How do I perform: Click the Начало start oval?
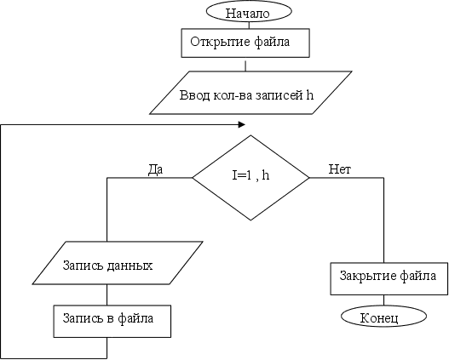pyautogui.click(x=249, y=11)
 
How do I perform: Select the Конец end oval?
pyautogui.click(x=383, y=317)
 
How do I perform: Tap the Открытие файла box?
pyautogui.click(x=245, y=43)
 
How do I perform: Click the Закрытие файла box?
pyautogui.click(x=389, y=279)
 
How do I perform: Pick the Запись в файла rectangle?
pyautogui.click(x=112, y=321)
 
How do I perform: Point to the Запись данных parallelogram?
pyautogui.click(x=118, y=263)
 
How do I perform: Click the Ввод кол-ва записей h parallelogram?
pyautogui.click(x=250, y=93)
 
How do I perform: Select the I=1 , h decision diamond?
pyautogui.click(x=250, y=178)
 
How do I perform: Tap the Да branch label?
pyautogui.click(x=156, y=169)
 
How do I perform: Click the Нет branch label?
pyautogui.click(x=339, y=169)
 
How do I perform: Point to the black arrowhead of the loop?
pyautogui.click(x=242, y=124)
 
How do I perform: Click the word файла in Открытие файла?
pyautogui.click(x=272, y=42)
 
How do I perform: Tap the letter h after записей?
pyautogui.click(x=309, y=94)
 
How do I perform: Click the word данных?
pyautogui.click(x=130, y=266)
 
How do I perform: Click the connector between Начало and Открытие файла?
pyautogui.click(x=249, y=26)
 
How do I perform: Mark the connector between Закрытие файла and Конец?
pyautogui.click(x=383, y=300)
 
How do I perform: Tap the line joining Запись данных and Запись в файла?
pyautogui.click(x=107, y=294)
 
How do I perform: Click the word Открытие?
pyautogui.click(x=220, y=42)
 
